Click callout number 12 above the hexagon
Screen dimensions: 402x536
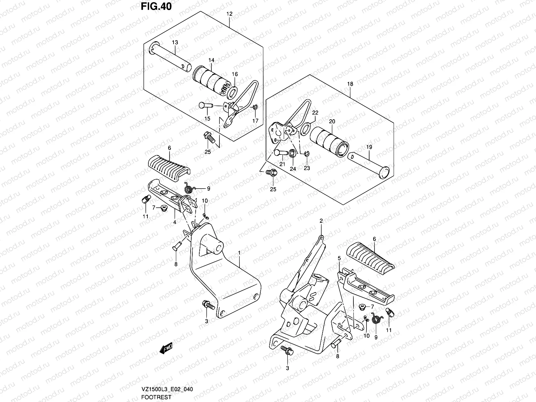[x=229, y=14]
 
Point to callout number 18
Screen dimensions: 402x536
[x=350, y=84]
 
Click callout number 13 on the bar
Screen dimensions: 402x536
[x=175, y=43]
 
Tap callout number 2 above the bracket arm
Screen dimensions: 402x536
[x=321, y=221]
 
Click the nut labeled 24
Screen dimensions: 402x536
[x=292, y=153]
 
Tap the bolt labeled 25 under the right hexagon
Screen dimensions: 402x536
[x=271, y=173]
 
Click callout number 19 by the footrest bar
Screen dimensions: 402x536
[x=369, y=147]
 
